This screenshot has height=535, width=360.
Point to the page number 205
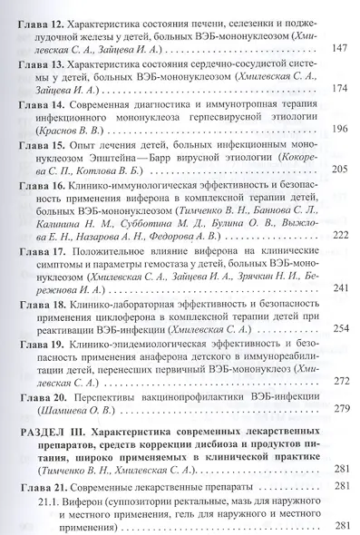(x=337, y=171)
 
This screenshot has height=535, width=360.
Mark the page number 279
(x=337, y=410)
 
